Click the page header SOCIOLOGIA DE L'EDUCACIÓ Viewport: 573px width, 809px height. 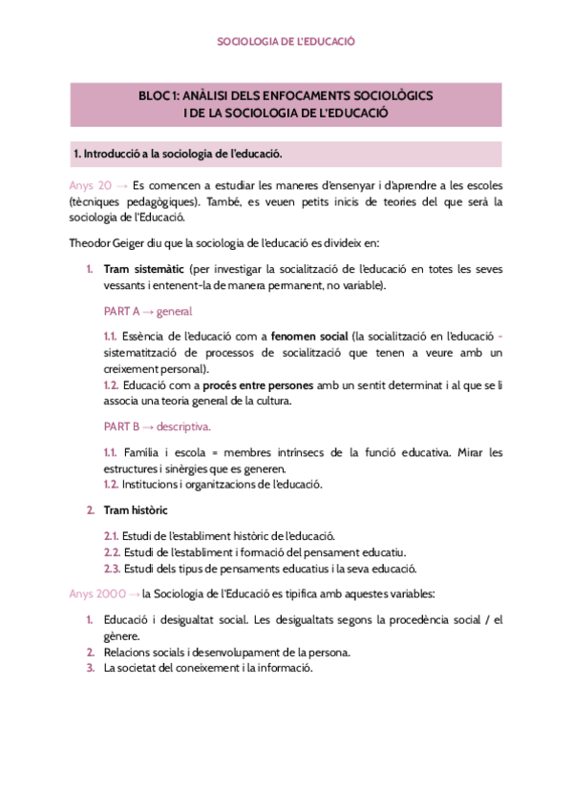click(x=286, y=42)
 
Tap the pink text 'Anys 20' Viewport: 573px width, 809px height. click(x=92, y=185)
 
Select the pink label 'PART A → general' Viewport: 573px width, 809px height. click(x=147, y=311)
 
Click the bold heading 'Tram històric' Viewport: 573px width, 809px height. click(x=136, y=510)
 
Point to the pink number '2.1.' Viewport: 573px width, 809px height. click(x=111, y=536)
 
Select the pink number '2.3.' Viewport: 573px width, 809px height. click(x=111, y=569)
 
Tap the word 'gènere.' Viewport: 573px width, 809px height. click(x=122, y=635)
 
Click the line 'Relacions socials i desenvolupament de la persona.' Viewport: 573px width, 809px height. click(x=226, y=652)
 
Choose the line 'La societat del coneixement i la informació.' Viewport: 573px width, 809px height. click(x=208, y=668)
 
